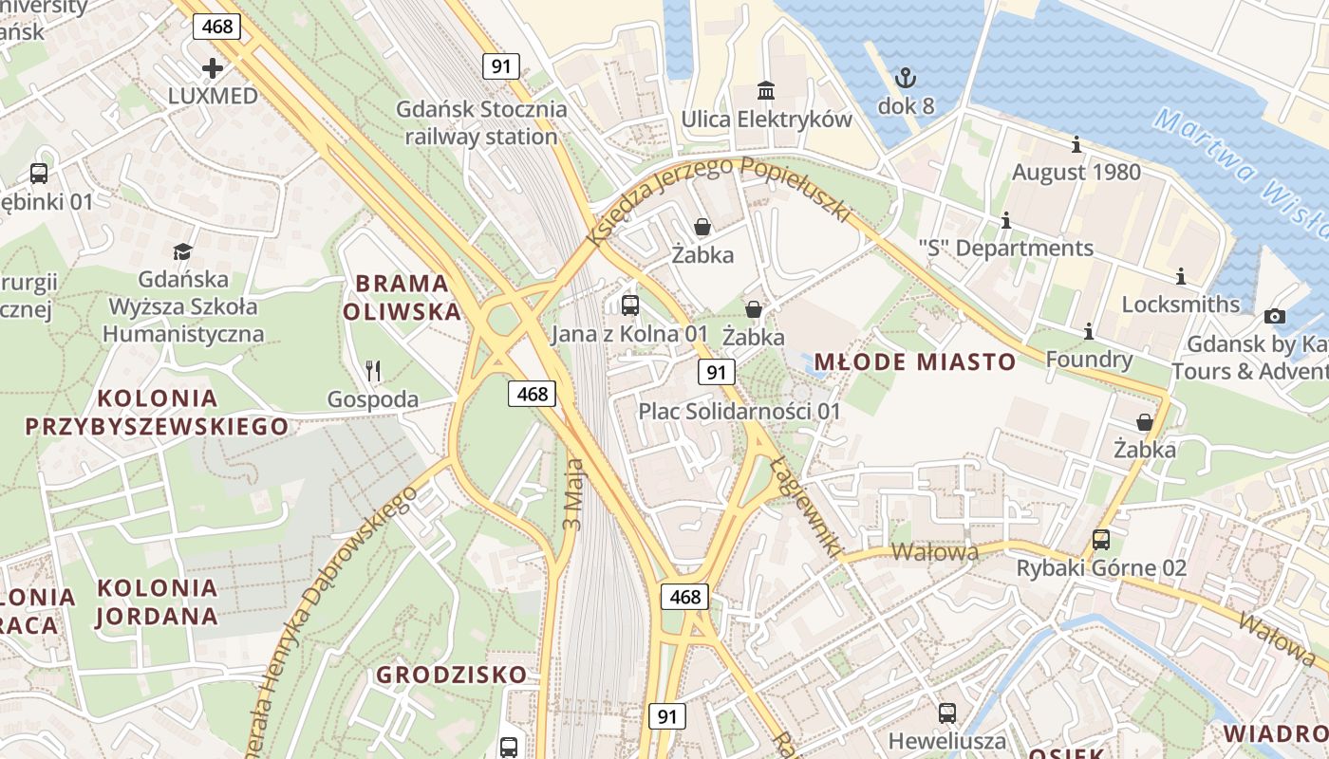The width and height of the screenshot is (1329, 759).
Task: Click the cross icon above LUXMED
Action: coord(213,68)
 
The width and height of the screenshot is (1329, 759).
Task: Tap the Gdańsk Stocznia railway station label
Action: coord(481,122)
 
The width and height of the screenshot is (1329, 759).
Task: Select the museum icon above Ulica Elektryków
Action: coord(765,91)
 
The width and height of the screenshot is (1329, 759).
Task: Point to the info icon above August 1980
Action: coord(1076,145)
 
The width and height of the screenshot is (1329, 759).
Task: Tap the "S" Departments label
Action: coord(1005,249)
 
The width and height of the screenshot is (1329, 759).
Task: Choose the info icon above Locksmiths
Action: coord(1181,277)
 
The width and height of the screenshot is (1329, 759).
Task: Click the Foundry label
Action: coord(1088,360)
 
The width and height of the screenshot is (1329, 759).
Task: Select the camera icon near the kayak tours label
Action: coord(1274,316)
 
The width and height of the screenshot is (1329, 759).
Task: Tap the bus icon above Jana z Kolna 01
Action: coord(629,305)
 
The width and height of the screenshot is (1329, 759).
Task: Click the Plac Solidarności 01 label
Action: coord(739,412)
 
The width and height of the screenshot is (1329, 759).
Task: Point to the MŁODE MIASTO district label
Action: coord(914,361)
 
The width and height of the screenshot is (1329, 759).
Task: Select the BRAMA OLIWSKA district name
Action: coord(402,297)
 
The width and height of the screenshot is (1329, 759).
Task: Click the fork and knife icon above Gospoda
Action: coord(373,371)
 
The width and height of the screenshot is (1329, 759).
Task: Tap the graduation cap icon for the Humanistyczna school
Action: coord(182,251)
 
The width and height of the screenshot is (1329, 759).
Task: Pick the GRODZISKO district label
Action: coord(451,675)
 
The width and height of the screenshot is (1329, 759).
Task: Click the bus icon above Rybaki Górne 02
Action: coord(1100,540)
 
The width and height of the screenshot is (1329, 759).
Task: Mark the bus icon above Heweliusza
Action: coord(946,713)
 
